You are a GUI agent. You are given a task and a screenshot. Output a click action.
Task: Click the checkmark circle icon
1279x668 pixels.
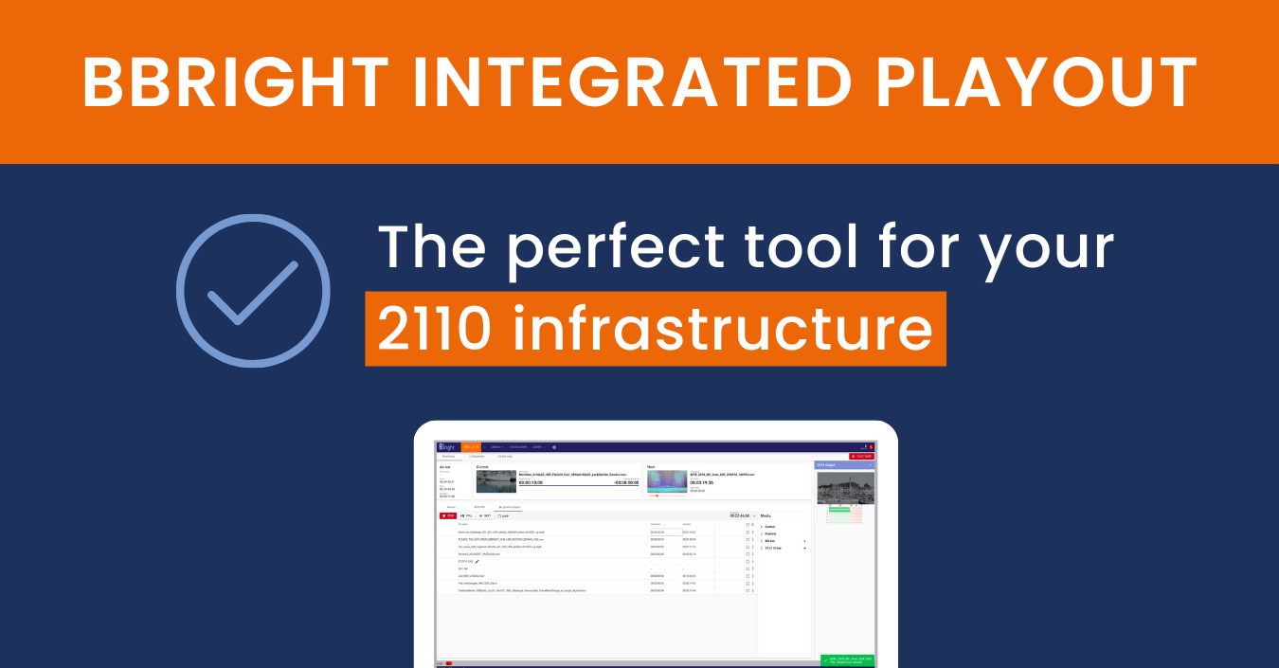click(x=253, y=291)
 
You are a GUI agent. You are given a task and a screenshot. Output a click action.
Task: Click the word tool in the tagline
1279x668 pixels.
click(x=814, y=248)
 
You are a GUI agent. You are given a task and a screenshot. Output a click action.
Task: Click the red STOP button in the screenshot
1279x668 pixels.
click(x=448, y=515)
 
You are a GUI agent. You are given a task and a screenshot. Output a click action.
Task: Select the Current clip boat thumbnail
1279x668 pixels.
click(x=496, y=480)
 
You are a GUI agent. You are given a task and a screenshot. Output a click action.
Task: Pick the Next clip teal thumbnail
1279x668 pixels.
click(x=667, y=480)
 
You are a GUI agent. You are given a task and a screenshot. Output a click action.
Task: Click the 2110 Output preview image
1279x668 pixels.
click(x=845, y=488)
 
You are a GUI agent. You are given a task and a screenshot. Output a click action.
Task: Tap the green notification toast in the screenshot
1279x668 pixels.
click(x=846, y=659)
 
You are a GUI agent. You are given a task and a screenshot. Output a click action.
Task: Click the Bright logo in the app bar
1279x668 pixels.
click(x=447, y=446)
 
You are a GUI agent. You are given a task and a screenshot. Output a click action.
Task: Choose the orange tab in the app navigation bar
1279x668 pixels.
click(x=472, y=446)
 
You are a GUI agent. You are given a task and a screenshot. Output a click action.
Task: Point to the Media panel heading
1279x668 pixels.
click(x=766, y=515)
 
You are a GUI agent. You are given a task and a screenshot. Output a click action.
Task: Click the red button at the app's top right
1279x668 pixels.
click(x=861, y=456)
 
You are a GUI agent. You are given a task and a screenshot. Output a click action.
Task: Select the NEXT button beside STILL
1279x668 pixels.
click(x=485, y=515)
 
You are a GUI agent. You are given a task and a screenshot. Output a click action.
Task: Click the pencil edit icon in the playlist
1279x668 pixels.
click(x=477, y=561)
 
